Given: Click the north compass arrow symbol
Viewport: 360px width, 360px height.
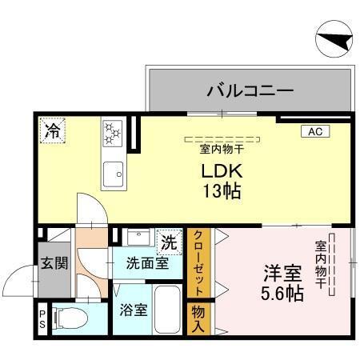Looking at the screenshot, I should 331,39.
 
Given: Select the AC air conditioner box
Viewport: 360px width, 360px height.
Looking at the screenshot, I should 313,132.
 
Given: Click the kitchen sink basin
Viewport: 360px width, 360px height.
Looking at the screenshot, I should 113,170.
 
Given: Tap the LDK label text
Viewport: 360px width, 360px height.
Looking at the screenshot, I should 221,172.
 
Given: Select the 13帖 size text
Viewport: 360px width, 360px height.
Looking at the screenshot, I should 221,192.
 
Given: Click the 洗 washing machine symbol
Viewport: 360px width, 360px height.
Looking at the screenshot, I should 169,240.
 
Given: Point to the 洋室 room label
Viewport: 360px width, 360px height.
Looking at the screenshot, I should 277,271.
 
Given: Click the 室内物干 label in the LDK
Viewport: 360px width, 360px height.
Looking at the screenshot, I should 222,149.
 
